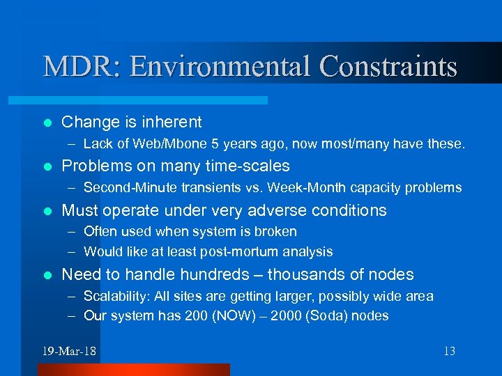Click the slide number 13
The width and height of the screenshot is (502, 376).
[448, 351]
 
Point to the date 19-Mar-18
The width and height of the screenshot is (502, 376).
[68, 351]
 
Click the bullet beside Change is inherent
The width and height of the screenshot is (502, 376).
[47, 123]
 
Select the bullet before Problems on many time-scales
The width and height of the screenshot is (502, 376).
[47, 166]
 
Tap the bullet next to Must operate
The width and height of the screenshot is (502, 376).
[47, 211]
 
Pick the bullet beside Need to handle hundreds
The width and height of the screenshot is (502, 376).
[47, 275]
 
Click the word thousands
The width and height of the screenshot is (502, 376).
[304, 275]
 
